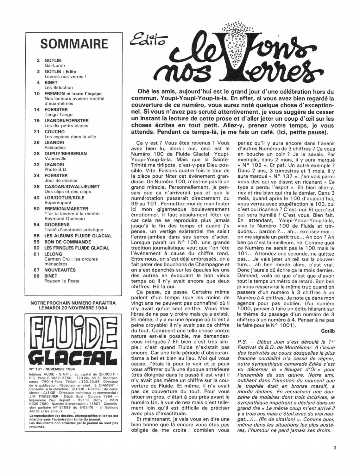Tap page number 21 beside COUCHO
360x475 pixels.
(x=38, y=131)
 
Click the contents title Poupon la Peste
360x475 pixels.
(x=62, y=281)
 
